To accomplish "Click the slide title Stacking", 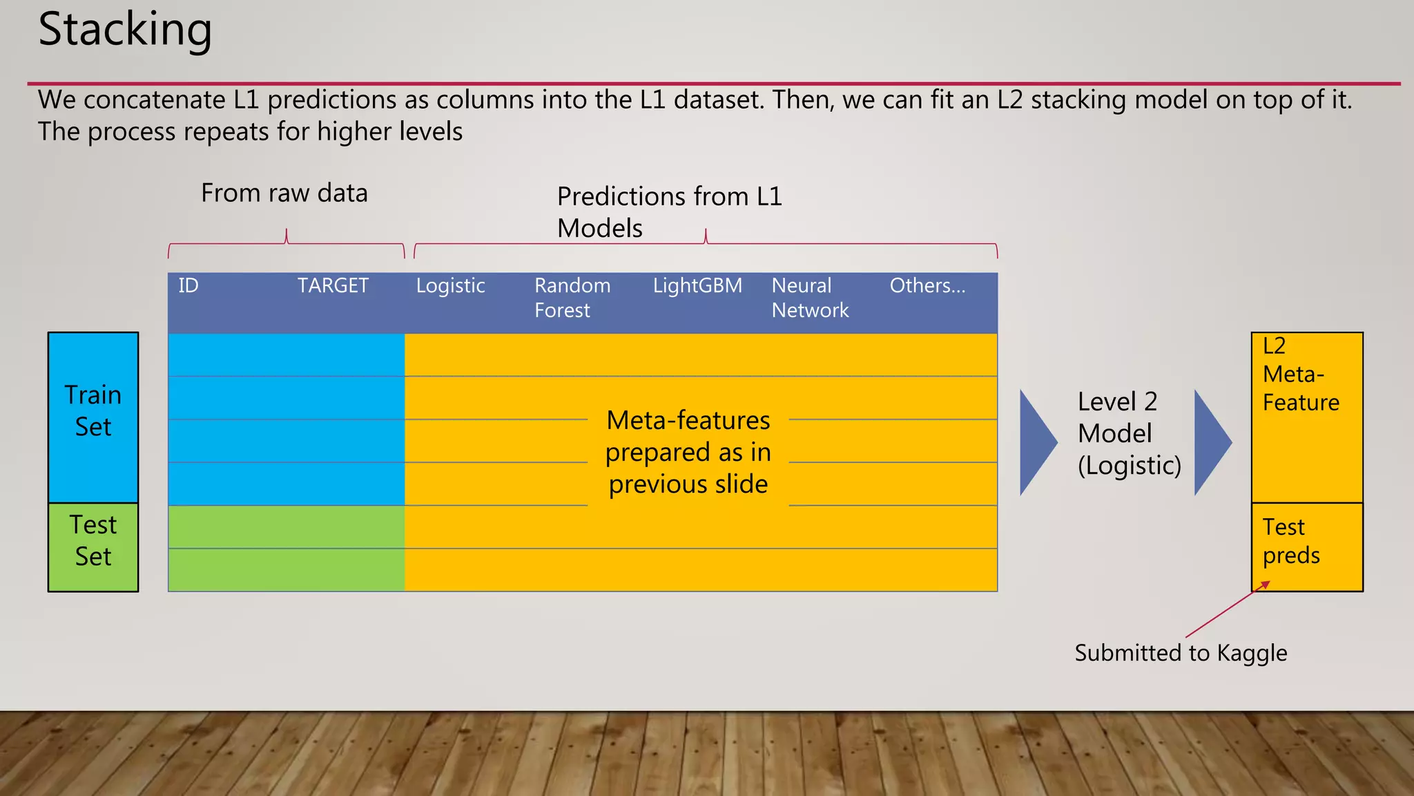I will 125,30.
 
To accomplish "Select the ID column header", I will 188,286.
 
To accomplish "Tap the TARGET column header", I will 333,286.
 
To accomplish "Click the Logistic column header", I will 450,286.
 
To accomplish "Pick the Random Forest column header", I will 572,298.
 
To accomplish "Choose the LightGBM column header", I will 697,286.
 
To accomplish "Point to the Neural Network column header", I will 809,298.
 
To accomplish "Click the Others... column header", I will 927,286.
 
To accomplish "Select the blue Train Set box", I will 93,417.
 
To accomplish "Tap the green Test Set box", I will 93,547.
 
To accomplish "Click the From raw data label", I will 284,193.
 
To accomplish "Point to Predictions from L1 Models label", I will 668,211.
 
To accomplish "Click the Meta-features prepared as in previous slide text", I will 688,452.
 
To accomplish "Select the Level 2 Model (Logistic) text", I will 1128,433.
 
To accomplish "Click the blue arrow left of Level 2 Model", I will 1036,442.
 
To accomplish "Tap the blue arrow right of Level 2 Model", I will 1210,442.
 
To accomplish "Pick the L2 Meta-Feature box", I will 1306,417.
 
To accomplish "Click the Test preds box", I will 1306,547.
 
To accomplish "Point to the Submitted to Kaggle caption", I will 1180,653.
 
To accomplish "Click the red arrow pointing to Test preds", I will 1226,611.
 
